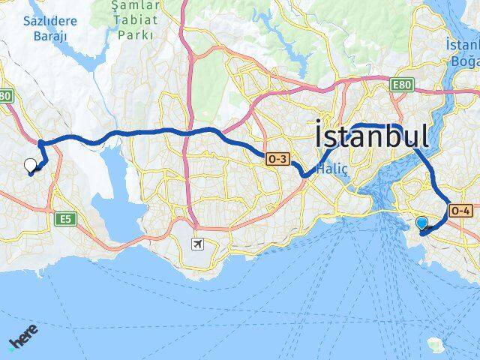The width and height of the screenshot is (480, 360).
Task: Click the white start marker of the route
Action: click(x=31, y=166)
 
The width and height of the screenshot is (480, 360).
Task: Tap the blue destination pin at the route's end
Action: click(x=422, y=223)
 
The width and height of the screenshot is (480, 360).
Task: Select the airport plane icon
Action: click(x=197, y=244)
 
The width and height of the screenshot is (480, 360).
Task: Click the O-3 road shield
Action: click(x=277, y=158)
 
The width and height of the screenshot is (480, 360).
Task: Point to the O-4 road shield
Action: click(x=459, y=212)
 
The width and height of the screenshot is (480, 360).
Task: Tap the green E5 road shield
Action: click(x=66, y=219)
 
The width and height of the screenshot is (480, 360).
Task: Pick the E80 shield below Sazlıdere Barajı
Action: click(x=6, y=97)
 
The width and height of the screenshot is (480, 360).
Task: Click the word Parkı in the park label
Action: click(x=136, y=34)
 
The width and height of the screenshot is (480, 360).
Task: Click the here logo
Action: click(x=23, y=337)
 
